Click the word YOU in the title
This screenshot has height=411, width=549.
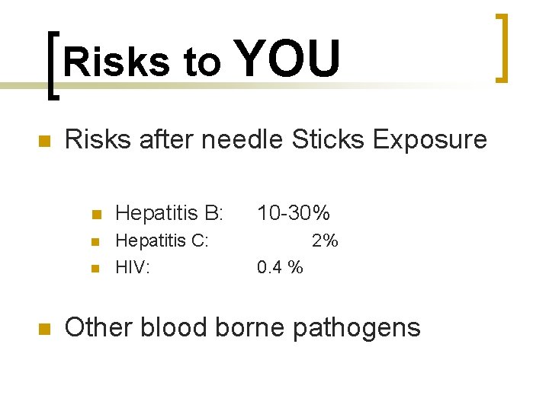point(289,59)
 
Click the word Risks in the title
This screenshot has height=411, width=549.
point(117,62)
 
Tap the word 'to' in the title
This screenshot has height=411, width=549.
point(202,62)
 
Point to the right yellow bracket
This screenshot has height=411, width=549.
point(502,47)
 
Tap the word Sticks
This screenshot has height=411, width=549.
point(329,139)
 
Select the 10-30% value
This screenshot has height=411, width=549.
point(293,213)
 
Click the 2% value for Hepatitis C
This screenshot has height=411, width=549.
point(325,241)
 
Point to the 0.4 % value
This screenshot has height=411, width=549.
point(280,268)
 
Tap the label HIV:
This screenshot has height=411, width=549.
point(133,268)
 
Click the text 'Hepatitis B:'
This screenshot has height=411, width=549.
point(168,213)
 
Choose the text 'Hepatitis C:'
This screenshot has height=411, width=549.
point(161,241)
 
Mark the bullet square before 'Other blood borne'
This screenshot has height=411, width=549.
point(43,329)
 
